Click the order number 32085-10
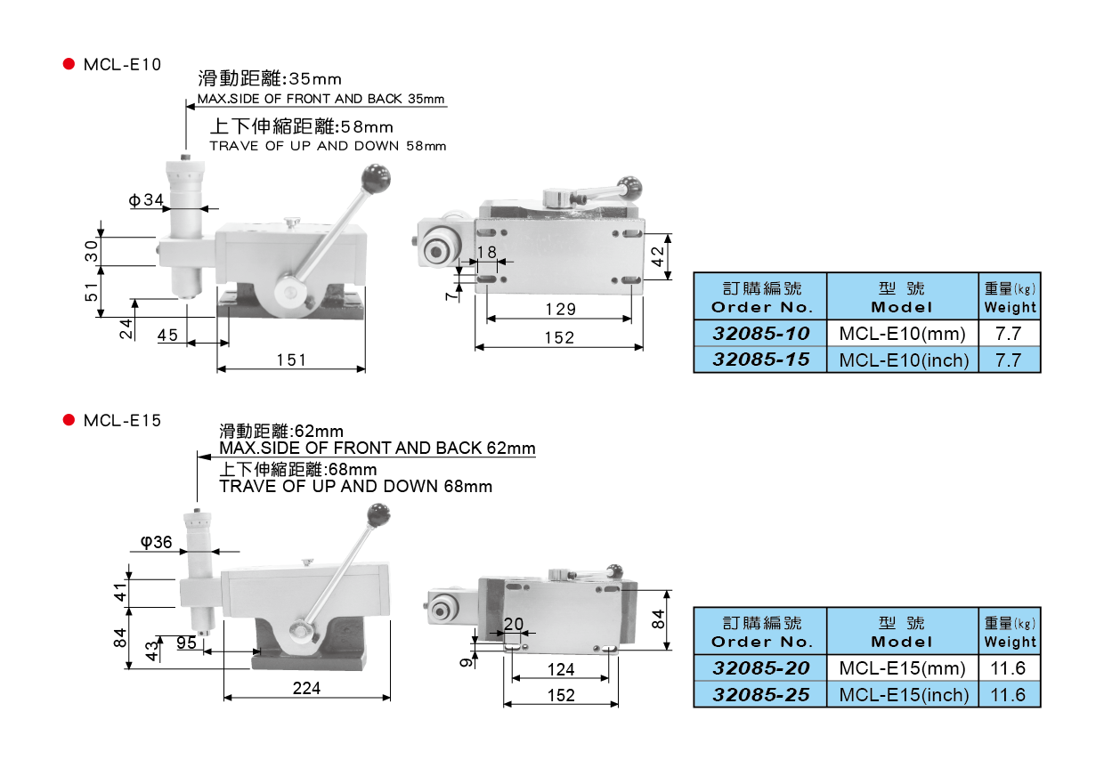760,334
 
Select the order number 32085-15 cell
760,360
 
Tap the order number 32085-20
760,668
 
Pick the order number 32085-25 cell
760,694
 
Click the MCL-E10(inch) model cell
903,360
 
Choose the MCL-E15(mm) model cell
903,668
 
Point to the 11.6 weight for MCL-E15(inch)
1010,694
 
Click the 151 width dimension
291,360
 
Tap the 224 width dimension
305,688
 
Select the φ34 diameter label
146,201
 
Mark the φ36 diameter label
156,542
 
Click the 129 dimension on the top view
560,310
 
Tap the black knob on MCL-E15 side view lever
378,513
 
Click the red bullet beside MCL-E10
69,65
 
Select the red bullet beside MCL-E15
69,420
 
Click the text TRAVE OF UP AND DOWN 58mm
328,146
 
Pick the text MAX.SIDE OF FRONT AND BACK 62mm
377,448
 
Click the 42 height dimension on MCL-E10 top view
657,257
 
